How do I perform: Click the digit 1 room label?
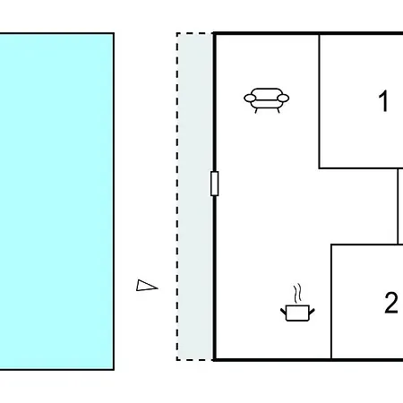[383, 101]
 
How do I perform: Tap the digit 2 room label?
[391, 303]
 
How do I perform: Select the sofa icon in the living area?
[267, 100]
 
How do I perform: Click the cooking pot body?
[297, 313]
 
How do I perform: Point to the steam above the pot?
[297, 293]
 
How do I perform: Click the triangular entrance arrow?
[147, 286]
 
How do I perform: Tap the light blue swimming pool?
[56, 201]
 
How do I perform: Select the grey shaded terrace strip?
[194, 196]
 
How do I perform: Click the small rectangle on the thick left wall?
[214, 184]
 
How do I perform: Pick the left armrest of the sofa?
[250, 98]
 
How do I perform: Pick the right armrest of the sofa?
[283, 98]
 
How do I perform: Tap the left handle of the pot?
[283, 312]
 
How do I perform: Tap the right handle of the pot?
[312, 312]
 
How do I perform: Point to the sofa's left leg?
[256, 110]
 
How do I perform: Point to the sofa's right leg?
[279, 110]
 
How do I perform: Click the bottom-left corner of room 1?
[319, 168]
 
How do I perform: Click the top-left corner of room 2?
[331, 244]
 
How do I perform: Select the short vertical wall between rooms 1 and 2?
[398, 206]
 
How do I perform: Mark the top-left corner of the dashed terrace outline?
[177, 33]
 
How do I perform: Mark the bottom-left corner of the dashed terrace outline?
[177, 360]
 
